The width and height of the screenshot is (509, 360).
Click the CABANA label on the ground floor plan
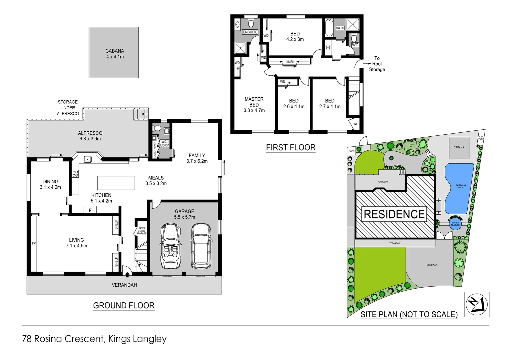click(115, 51)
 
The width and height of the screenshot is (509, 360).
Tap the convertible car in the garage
click(171, 246)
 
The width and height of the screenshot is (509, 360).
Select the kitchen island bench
click(116, 183)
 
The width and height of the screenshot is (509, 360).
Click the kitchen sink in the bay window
click(88, 159)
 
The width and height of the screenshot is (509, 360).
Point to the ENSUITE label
click(250, 32)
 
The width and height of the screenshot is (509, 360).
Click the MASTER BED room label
click(254, 102)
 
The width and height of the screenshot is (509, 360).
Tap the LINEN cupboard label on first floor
click(290, 62)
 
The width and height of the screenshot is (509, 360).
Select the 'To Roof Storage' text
click(377, 64)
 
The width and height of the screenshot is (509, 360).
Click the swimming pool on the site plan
click(459, 188)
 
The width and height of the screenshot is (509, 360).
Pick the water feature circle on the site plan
click(455, 224)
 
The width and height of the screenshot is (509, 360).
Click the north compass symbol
click(476, 304)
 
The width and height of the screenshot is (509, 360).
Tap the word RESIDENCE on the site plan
click(394, 214)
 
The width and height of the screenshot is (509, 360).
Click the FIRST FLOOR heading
click(290, 148)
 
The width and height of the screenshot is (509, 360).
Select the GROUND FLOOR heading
click(124, 306)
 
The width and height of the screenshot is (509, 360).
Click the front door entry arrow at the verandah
click(127, 274)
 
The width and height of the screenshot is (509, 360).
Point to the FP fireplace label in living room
click(34, 244)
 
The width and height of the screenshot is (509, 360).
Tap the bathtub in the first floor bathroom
click(329, 28)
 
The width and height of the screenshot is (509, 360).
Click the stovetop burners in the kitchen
click(75, 173)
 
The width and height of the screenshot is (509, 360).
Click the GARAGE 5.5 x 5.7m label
click(184, 214)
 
